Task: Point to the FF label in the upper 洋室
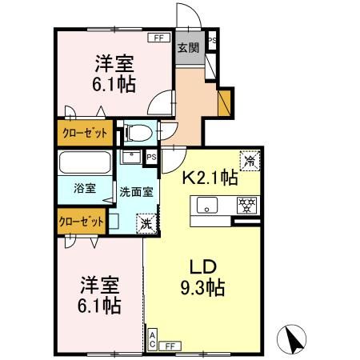click(158, 37)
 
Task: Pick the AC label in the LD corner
click(152, 338)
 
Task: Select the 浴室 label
click(85, 189)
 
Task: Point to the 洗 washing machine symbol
click(146, 224)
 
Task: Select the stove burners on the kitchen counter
click(246, 205)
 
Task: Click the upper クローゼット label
click(84, 134)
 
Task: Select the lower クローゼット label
click(82, 221)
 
